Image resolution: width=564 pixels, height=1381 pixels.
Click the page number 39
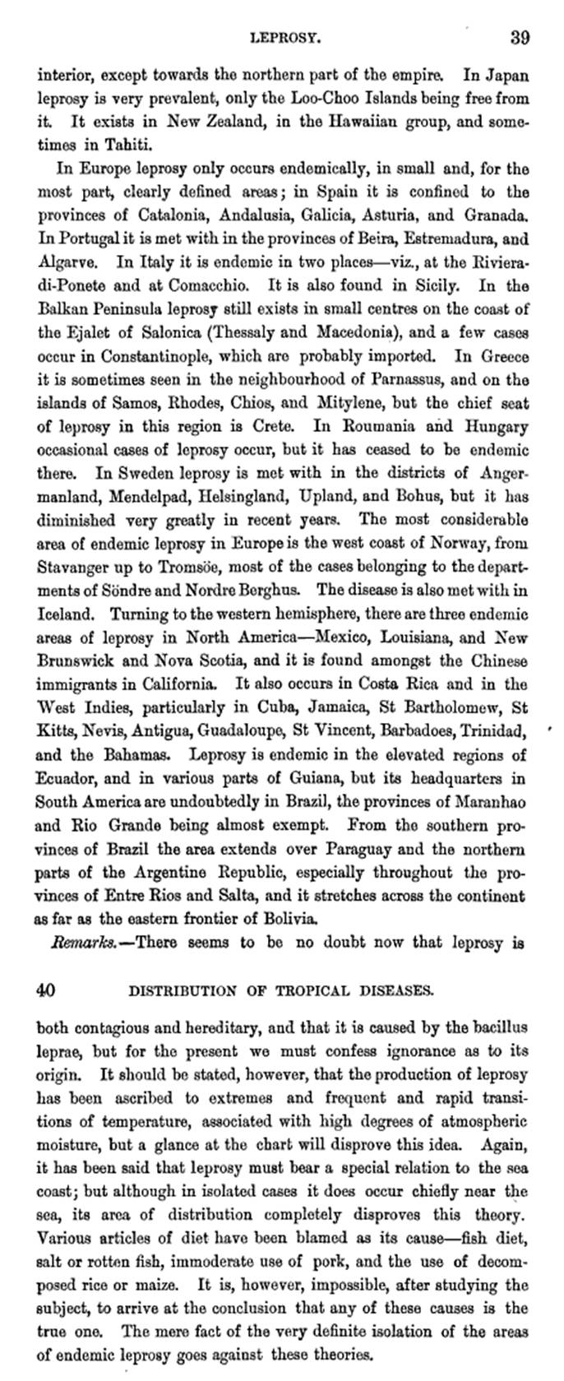(x=519, y=38)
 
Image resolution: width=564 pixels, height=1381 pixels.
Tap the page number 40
(x=46, y=990)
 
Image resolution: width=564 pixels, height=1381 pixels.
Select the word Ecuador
(x=66, y=777)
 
